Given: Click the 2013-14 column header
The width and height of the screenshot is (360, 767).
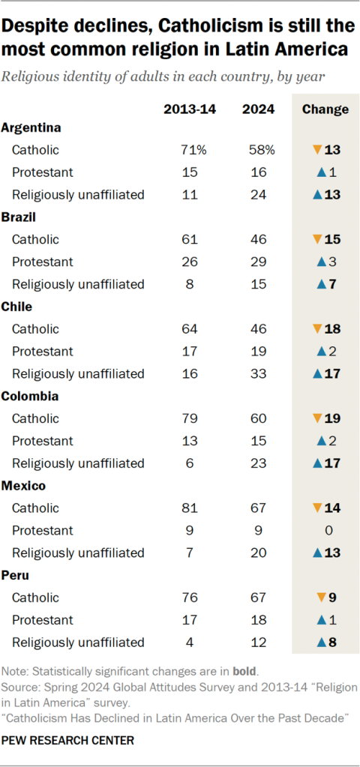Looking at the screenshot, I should point(190,109).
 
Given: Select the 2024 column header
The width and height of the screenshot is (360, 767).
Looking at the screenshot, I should point(257,109).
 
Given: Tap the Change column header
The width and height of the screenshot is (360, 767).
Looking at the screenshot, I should point(325,109).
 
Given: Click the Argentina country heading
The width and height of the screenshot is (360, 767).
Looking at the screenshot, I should point(31,128).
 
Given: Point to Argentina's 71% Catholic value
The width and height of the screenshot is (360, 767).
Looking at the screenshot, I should point(190,150).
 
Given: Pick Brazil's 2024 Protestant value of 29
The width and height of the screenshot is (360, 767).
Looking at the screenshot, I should point(257,262).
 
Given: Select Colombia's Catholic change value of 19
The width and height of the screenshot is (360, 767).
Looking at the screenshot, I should point(331,418).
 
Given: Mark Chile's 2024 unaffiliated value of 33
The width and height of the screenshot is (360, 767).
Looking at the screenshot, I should point(257,373).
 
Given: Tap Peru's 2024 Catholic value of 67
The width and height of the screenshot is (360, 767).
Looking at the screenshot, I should point(257,598).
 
